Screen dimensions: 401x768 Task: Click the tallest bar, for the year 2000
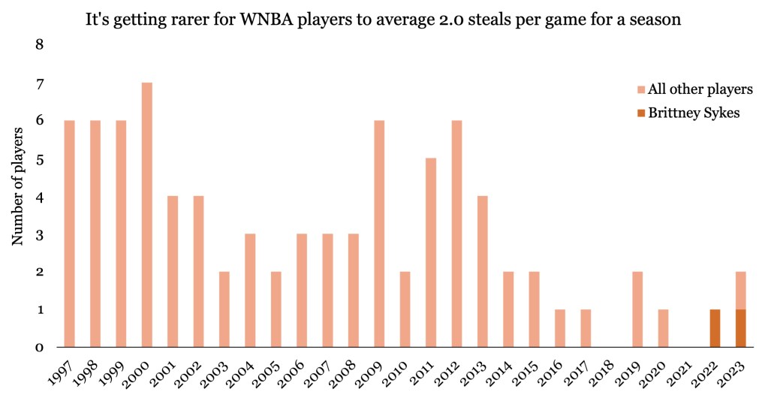(147, 215)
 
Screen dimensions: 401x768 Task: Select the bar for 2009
(379, 234)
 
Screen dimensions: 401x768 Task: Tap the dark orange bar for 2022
(715, 328)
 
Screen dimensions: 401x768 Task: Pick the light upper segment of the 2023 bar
(740, 291)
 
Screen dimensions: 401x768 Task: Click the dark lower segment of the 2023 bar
(740, 328)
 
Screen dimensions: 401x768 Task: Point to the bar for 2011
(431, 252)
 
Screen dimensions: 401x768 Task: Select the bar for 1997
(70, 234)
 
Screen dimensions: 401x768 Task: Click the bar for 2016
(560, 328)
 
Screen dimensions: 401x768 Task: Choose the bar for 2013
(482, 271)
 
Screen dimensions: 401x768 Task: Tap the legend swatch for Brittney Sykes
(641, 113)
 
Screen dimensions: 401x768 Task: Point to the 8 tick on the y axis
(41, 45)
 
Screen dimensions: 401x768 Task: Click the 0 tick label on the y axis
(41, 348)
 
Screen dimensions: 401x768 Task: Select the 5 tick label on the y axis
(41, 159)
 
